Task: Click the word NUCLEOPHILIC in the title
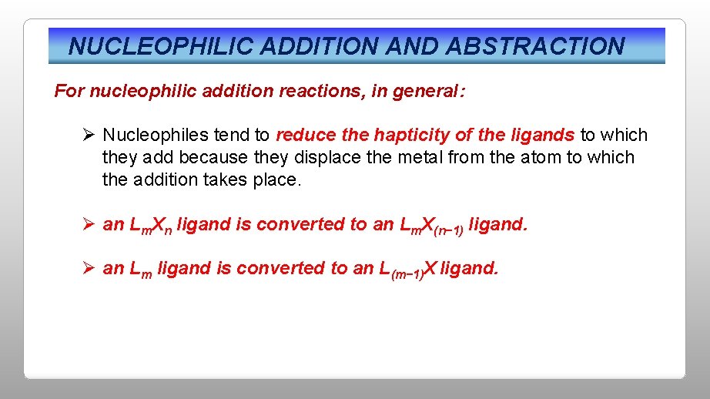[161, 46]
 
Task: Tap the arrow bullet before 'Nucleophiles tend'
[89, 136]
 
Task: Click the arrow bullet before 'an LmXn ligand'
[89, 224]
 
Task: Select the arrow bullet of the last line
[89, 268]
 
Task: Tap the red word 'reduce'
[306, 136]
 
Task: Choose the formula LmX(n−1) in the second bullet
[432, 226]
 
